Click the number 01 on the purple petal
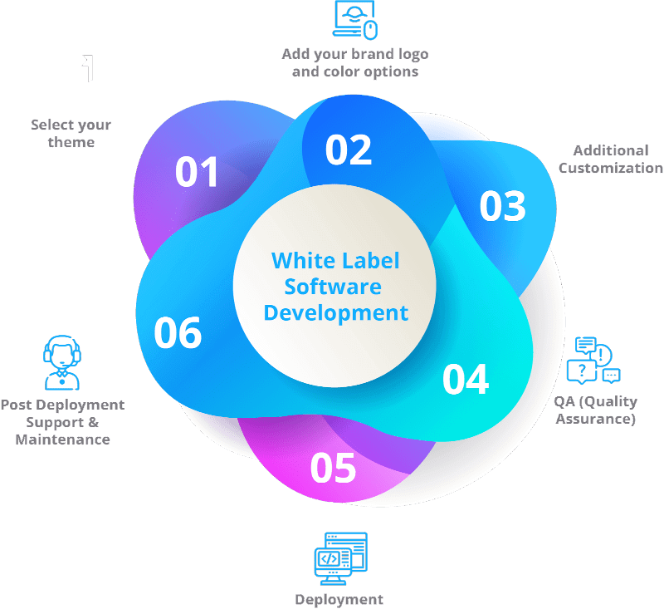click(x=197, y=172)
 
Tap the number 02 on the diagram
click(x=349, y=150)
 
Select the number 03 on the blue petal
click(x=503, y=206)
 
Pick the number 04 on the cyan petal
click(x=466, y=380)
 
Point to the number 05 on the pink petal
click(x=334, y=468)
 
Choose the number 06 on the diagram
click(x=178, y=332)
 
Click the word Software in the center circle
click(x=333, y=287)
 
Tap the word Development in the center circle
click(x=336, y=313)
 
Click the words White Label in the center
click(x=335, y=260)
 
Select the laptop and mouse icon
click(x=355, y=20)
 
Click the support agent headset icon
click(x=62, y=363)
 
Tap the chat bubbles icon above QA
click(x=593, y=361)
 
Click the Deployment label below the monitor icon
click(x=339, y=600)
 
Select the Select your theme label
click(x=71, y=133)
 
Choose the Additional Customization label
click(x=611, y=159)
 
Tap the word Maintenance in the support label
click(x=63, y=440)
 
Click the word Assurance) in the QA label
click(x=595, y=419)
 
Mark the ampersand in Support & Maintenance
click(x=94, y=422)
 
